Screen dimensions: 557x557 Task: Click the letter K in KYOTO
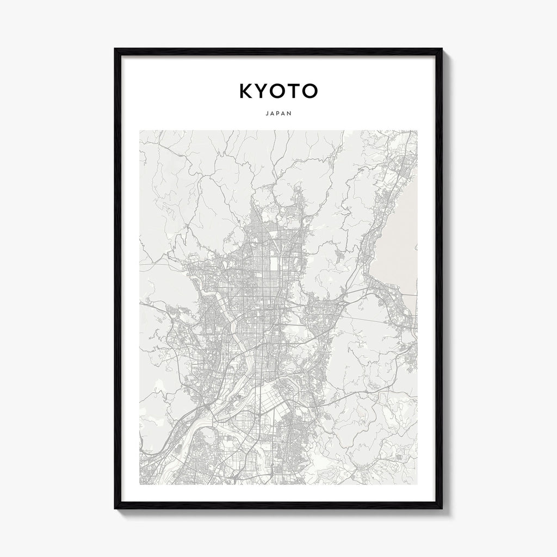click(246, 91)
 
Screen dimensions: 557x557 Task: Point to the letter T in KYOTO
click(294, 91)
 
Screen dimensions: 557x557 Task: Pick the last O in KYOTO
click(309, 91)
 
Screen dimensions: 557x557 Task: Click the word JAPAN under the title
click(278, 114)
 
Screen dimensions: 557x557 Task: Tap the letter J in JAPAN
click(267, 114)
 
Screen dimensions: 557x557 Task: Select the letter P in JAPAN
click(278, 114)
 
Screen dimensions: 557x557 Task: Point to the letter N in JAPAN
click(290, 114)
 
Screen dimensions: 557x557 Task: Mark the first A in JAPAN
click(273, 114)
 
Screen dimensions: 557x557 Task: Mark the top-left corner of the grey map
click(140, 131)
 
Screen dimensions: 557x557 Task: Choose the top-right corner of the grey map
click(417, 131)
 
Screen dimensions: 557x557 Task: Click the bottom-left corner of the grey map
click(140, 484)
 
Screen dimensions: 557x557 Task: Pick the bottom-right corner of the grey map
click(417, 484)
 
